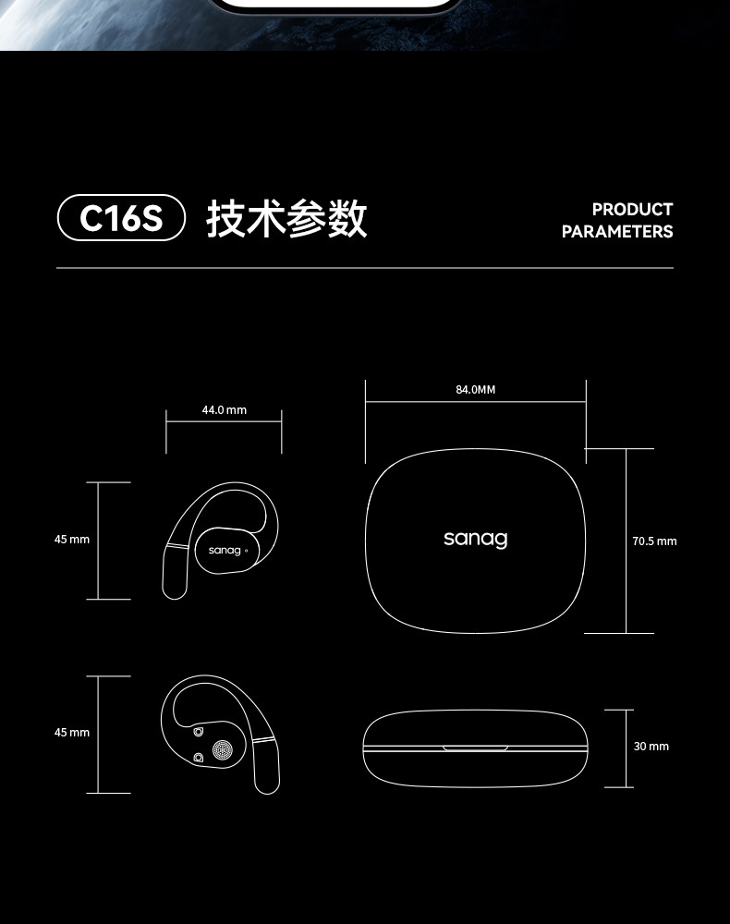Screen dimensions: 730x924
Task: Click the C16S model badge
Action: pyautogui.click(x=121, y=219)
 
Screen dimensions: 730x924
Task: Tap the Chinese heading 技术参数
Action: pyautogui.click(x=286, y=219)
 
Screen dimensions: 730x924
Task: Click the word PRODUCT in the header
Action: pyautogui.click(x=632, y=210)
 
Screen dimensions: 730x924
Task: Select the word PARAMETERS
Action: pyautogui.click(x=617, y=232)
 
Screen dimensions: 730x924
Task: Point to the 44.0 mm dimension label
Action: pyautogui.click(x=224, y=409)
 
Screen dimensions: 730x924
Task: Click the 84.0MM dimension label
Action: pyautogui.click(x=476, y=390)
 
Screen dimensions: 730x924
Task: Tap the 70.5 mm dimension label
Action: pyautogui.click(x=654, y=541)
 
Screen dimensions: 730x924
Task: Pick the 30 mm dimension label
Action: pyautogui.click(x=651, y=747)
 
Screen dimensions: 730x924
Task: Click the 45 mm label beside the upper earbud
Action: pyautogui.click(x=72, y=540)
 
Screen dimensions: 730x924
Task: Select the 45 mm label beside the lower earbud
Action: pyautogui.click(x=72, y=733)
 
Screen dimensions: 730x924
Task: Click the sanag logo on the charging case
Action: pyautogui.click(x=475, y=539)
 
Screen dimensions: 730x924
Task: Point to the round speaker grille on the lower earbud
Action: pyautogui.click(x=222, y=751)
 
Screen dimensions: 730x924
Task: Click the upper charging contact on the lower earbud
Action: pyautogui.click(x=199, y=734)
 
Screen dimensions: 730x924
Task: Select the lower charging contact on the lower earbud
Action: pyautogui.click(x=198, y=759)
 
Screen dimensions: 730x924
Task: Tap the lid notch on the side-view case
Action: pyautogui.click(x=475, y=747)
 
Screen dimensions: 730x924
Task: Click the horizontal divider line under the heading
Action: pyautogui.click(x=365, y=268)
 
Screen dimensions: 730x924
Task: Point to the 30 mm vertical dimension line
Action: pyautogui.click(x=619, y=748)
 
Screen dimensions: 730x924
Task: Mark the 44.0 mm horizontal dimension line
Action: pyautogui.click(x=224, y=422)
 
